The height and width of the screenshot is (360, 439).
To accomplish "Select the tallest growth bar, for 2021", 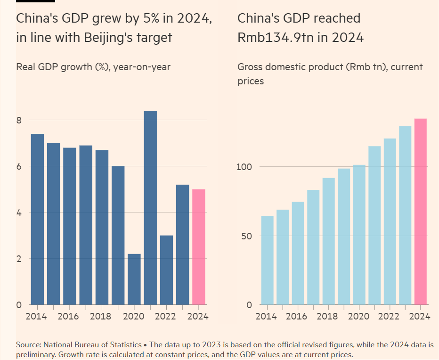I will click(x=150, y=207).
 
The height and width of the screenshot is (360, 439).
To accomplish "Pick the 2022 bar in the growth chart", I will click(x=166, y=270).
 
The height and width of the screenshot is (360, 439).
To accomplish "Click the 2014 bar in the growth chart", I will click(x=37, y=219).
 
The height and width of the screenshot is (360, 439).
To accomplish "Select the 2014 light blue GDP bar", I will click(x=267, y=260).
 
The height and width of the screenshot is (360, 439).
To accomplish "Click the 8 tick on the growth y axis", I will click(x=19, y=120).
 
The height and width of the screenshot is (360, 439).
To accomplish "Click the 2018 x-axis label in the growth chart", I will click(x=100, y=316).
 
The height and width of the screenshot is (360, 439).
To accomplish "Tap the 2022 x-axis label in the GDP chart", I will click(x=390, y=316).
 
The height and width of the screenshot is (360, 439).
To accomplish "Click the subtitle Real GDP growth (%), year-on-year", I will click(x=93, y=67).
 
